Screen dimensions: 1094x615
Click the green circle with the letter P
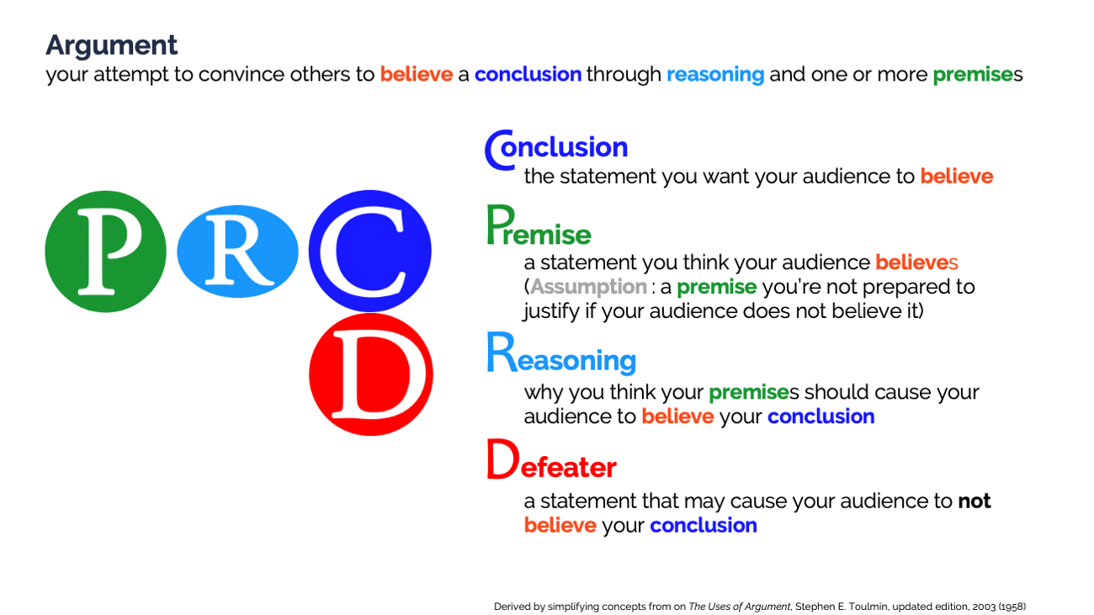(x=105, y=252)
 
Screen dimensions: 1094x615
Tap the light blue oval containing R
(x=237, y=252)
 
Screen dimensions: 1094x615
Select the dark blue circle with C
(x=369, y=251)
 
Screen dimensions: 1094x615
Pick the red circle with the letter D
(x=370, y=374)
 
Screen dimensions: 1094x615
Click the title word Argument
(x=111, y=46)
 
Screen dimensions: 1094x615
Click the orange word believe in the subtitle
(x=417, y=74)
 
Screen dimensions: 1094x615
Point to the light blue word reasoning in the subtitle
(x=715, y=75)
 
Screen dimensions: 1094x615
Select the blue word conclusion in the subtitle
(x=528, y=74)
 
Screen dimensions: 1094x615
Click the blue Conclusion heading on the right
(x=556, y=149)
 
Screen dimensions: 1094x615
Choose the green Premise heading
(x=539, y=225)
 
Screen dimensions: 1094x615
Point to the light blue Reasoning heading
(x=561, y=353)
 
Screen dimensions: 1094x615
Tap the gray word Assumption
(x=588, y=287)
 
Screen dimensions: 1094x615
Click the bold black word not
(x=975, y=501)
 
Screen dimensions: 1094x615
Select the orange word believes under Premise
(x=916, y=262)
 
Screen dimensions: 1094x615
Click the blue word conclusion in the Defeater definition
(x=704, y=525)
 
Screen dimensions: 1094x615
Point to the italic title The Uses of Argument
(x=739, y=607)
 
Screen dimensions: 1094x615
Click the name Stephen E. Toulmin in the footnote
(x=841, y=607)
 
